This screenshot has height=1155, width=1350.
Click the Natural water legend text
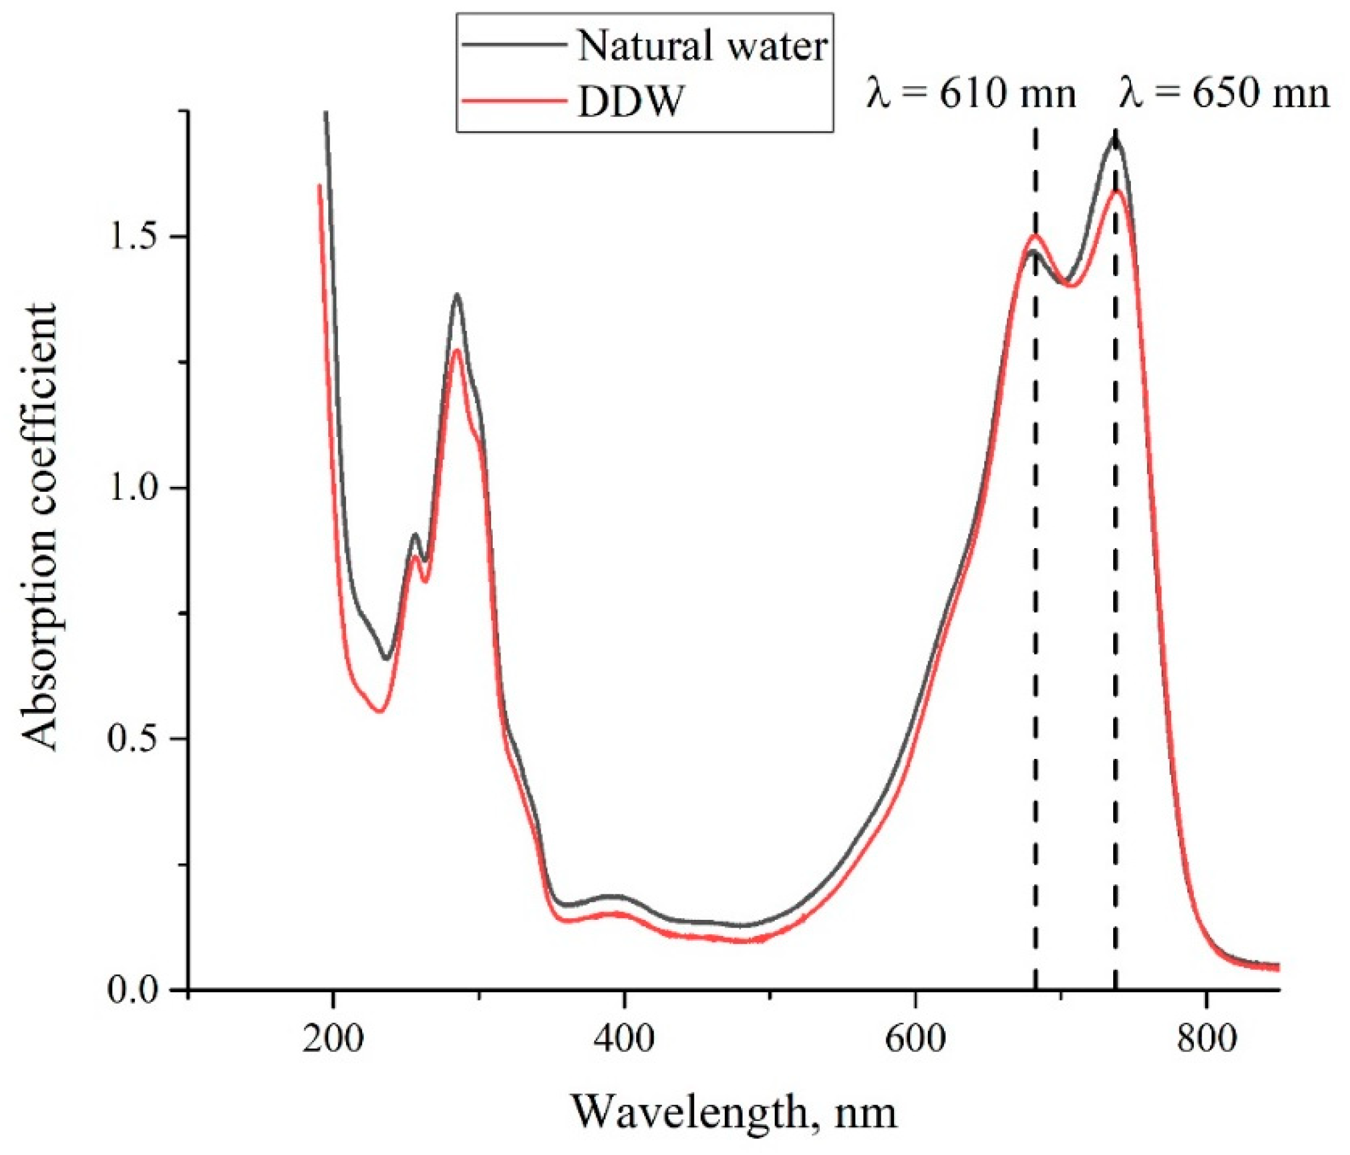pyautogui.click(x=702, y=47)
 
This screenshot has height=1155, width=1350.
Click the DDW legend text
pyautogui.click(x=629, y=102)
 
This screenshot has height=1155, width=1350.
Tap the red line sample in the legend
pyautogui.click(x=514, y=100)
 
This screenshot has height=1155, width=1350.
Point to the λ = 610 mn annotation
pyautogui.click(x=971, y=93)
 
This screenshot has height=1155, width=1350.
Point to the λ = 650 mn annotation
pyautogui.click(x=1224, y=93)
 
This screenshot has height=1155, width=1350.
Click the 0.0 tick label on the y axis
pyautogui.click(x=133, y=990)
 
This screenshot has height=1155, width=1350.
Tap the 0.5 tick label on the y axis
pyautogui.click(x=133, y=739)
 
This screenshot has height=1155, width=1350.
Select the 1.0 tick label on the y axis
pyautogui.click(x=133, y=488)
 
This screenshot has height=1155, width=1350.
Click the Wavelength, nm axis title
pyautogui.click(x=734, y=1112)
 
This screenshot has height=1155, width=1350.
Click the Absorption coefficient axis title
pyautogui.click(x=39, y=527)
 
